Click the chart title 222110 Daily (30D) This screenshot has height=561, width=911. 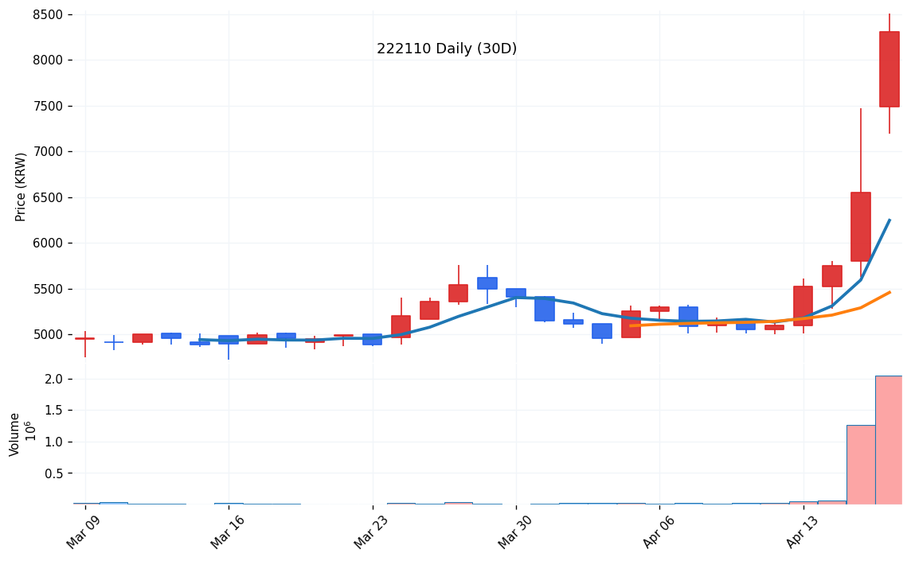tap(447, 49)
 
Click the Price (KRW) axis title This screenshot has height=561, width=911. tap(22, 186)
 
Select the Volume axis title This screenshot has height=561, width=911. tap(15, 434)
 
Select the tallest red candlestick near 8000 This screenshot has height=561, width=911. tap(889, 69)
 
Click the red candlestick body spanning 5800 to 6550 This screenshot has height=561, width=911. tap(860, 227)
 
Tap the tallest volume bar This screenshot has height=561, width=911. tap(889, 440)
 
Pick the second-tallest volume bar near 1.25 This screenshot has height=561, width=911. tap(860, 465)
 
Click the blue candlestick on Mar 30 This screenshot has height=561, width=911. tap(516, 293)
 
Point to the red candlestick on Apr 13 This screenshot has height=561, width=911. tap(803, 306)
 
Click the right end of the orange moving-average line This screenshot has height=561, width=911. tap(889, 292)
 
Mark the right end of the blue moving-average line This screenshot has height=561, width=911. tap(889, 220)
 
